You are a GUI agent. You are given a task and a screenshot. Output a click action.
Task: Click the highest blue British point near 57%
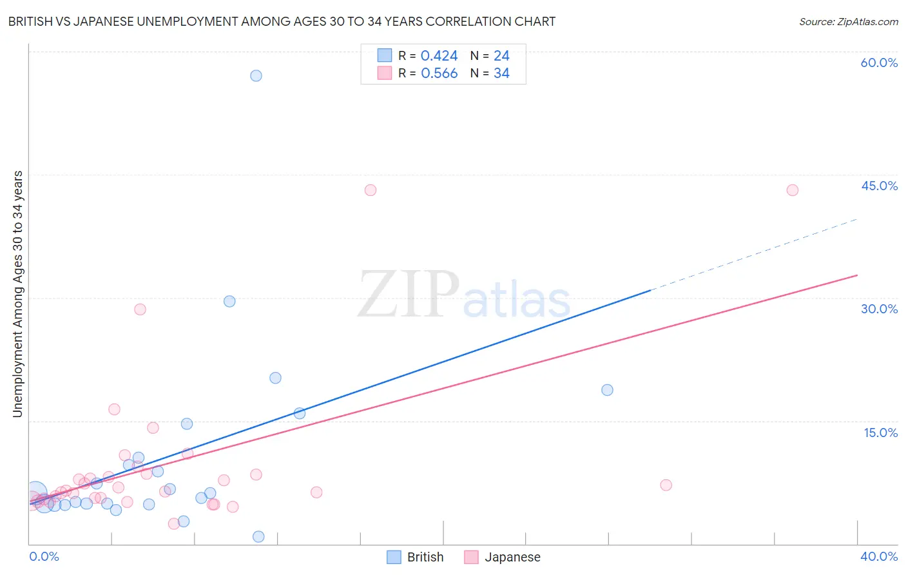pos(256,75)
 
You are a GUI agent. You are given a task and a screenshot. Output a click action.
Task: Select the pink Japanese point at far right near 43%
pos(793,190)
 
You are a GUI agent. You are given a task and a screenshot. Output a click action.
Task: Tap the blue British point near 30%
pos(229,301)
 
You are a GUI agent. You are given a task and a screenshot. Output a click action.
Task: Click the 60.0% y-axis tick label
pos(879,63)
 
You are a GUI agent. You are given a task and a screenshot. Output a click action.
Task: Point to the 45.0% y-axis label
pos(879,186)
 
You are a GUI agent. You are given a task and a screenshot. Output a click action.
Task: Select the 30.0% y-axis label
pos(879,309)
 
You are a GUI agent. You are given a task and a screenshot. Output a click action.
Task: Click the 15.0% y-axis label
pos(880,433)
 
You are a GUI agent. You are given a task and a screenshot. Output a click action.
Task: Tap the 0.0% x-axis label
pos(44,557)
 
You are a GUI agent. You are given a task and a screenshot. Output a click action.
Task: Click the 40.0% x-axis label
pos(878,557)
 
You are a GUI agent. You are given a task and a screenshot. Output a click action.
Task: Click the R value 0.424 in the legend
pos(439,56)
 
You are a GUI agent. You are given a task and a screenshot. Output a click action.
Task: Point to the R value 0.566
pos(439,73)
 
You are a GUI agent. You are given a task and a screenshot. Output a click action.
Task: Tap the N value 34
pos(501,73)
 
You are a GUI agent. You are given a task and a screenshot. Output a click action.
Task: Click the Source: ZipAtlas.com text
pos(848,22)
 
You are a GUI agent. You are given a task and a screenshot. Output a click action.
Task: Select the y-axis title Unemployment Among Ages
pos(18,294)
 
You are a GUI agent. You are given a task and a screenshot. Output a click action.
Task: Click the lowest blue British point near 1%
pos(258,536)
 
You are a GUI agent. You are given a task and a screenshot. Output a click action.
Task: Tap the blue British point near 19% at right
pos(607,390)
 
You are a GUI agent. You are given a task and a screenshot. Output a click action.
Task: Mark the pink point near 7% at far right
pos(666,485)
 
